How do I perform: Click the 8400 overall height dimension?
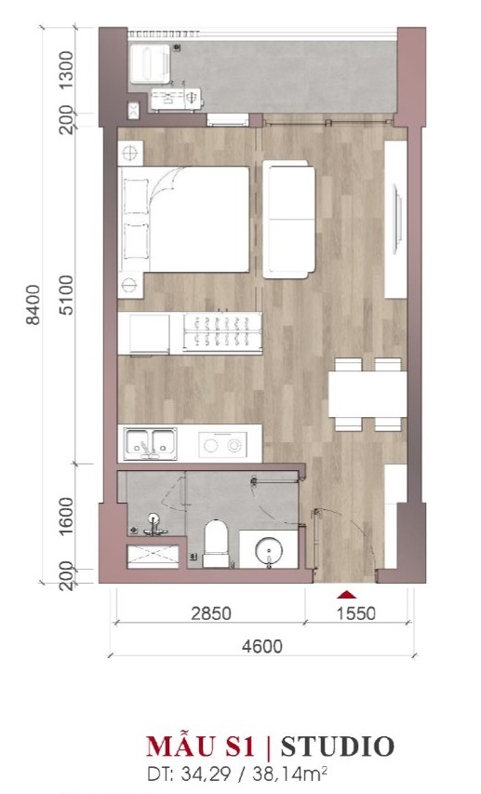tap(33, 304)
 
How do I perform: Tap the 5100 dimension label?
tap(66, 295)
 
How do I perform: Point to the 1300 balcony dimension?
tap(66, 70)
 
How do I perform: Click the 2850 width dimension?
tap(211, 613)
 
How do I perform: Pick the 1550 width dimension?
tap(356, 613)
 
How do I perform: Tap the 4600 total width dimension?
tap(261, 646)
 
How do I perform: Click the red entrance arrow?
tap(347, 594)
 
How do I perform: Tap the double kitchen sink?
tap(151, 444)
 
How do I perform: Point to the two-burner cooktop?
tap(222, 445)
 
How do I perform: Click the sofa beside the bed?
tap(288, 220)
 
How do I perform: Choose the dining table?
tap(367, 395)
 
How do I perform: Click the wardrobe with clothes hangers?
tap(222, 332)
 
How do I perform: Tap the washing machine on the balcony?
tap(150, 63)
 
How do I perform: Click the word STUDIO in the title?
tap(337, 747)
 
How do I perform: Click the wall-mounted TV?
tap(398, 220)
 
